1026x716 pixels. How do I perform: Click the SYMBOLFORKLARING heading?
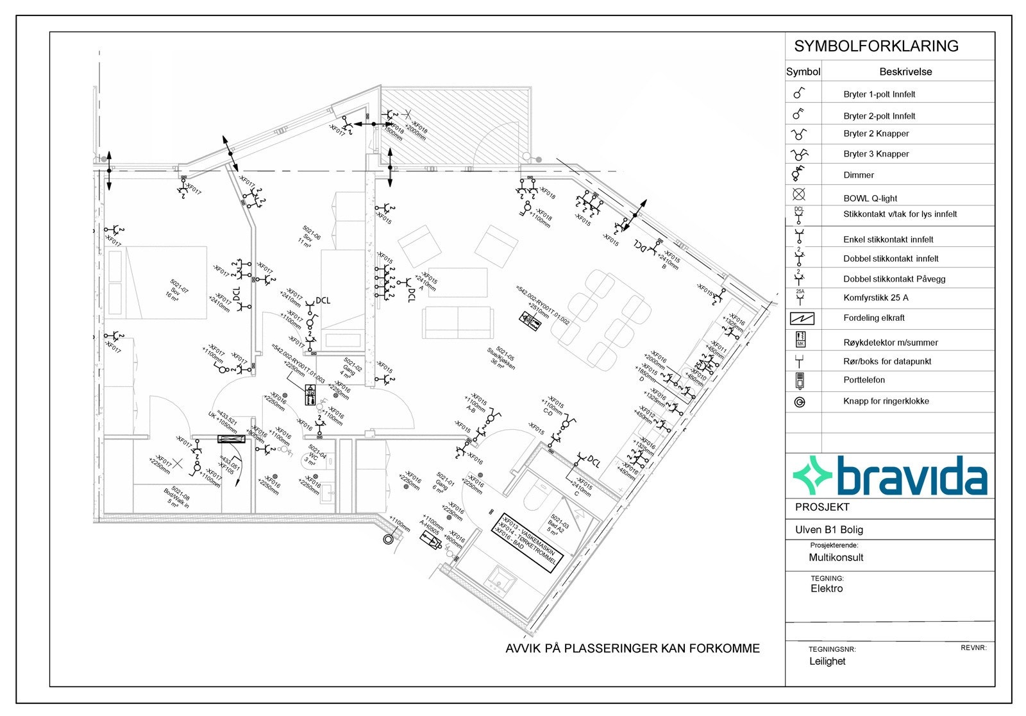click(x=876, y=46)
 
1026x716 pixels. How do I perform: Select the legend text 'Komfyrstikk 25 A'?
click(x=875, y=298)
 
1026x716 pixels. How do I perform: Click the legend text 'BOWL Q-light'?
click(x=870, y=198)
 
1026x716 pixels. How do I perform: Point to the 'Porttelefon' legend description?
click(x=864, y=380)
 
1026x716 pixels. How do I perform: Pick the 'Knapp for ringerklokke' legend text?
click(x=886, y=401)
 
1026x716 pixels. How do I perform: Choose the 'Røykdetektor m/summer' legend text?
click(x=890, y=343)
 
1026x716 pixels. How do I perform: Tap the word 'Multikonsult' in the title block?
click(x=836, y=558)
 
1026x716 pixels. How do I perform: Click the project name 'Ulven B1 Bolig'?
click(x=828, y=530)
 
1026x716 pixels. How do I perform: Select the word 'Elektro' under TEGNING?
click(x=827, y=588)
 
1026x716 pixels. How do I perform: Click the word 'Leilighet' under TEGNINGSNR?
click(x=827, y=661)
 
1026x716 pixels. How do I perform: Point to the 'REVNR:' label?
click(x=973, y=648)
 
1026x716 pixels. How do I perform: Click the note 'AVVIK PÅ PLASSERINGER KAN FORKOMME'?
click(x=632, y=649)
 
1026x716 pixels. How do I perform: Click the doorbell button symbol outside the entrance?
click(x=388, y=539)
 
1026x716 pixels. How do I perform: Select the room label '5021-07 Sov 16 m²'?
click(x=177, y=292)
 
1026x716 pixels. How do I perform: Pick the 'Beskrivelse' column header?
click(x=905, y=72)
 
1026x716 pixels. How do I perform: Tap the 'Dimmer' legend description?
click(x=859, y=175)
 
